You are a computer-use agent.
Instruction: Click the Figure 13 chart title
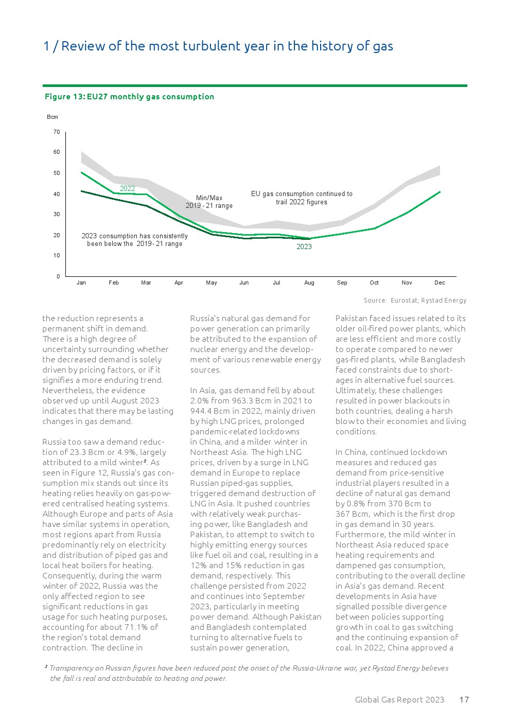129,97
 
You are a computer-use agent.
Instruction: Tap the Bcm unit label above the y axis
52,117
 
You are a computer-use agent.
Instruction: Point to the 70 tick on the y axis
57,132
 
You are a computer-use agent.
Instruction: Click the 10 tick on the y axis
57,256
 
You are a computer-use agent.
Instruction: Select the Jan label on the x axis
81,283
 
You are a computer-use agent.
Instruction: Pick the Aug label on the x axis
309,283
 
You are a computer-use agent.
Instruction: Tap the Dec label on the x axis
440,283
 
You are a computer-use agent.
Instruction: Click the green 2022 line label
127,189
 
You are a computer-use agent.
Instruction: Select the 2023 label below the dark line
304,247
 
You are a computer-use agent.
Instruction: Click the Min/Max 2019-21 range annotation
209,202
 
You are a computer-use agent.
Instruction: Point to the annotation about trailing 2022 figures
302,198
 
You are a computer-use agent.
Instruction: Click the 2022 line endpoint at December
440,191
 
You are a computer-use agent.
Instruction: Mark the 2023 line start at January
81,191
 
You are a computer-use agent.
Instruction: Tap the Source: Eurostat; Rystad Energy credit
415,301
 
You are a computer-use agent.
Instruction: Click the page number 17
464,700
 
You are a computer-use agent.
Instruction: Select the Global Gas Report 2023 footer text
399,700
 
